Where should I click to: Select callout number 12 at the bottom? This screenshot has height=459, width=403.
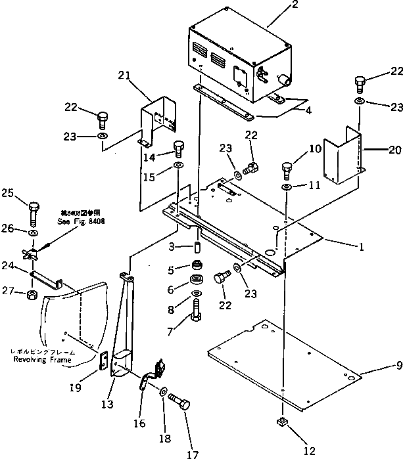coord(291,450)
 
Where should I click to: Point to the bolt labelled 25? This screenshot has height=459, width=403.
coord(33,211)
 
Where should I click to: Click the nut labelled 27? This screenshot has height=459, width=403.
coord(32,292)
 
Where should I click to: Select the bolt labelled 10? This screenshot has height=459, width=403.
coord(287,169)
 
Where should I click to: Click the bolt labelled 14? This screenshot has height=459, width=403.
coord(178,149)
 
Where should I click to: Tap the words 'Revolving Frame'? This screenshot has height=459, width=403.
coord(43,361)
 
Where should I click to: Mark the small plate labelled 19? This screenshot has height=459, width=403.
coord(102,362)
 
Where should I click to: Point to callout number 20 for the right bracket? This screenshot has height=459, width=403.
coord(393,149)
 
